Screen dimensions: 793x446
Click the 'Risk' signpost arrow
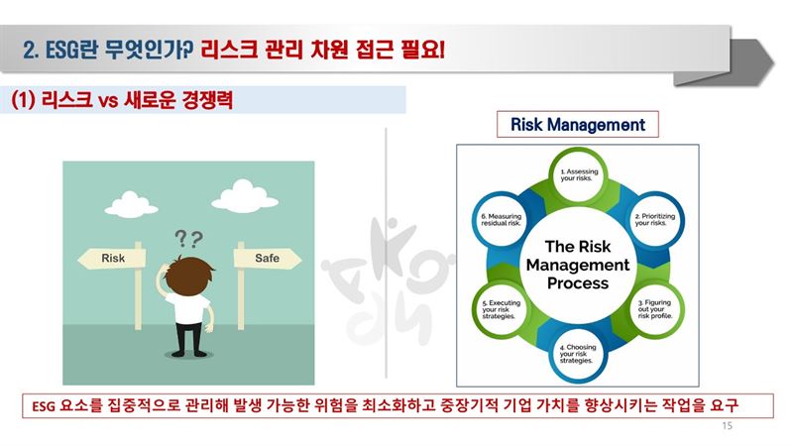[x=112, y=258]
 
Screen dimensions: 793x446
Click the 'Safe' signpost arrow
[x=267, y=258]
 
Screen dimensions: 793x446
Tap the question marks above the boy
[x=188, y=238]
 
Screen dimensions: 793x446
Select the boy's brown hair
[x=189, y=275]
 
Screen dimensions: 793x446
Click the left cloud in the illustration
[x=131, y=204]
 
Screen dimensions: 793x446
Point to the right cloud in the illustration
[x=245, y=196]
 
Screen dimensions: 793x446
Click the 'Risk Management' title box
[x=578, y=125]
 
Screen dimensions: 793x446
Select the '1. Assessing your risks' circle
[x=578, y=175]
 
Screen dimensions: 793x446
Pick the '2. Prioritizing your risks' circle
[x=655, y=219]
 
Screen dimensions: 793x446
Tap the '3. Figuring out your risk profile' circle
[x=655, y=309]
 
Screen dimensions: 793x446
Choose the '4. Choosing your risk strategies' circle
[x=578, y=354]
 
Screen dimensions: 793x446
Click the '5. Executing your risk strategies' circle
[x=502, y=309]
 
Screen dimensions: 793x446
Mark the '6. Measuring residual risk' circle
[x=502, y=219]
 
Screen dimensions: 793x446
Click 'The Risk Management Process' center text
[x=578, y=265]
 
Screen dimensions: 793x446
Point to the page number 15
[x=727, y=426]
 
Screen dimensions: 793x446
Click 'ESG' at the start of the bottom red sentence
[x=43, y=406]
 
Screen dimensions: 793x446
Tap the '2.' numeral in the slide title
[x=31, y=51]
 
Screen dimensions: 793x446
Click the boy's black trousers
[x=189, y=335]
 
